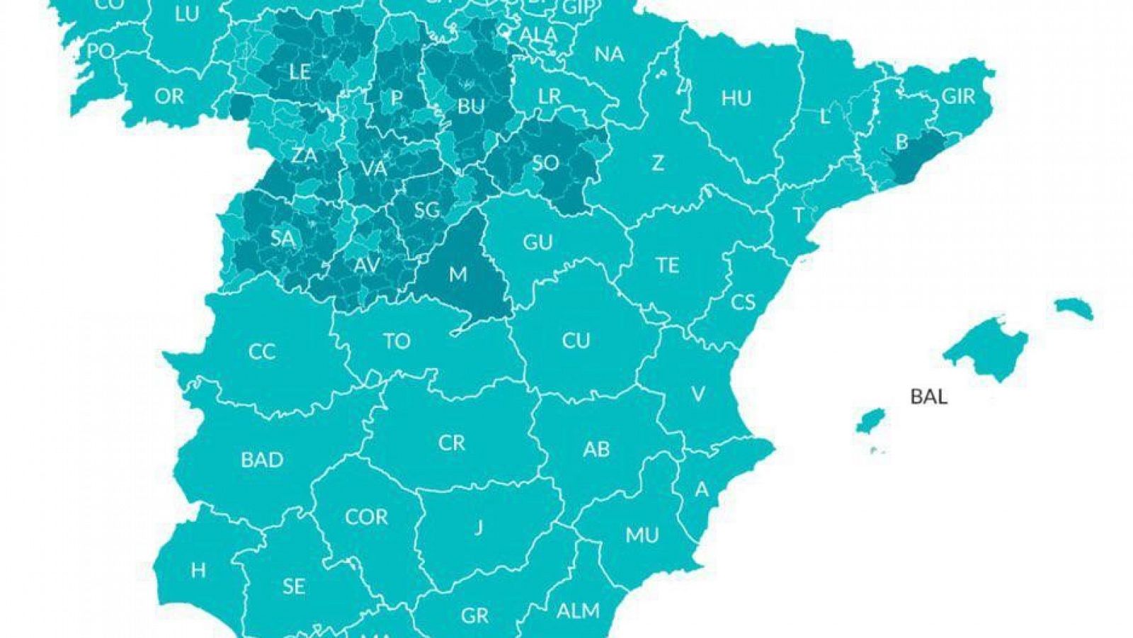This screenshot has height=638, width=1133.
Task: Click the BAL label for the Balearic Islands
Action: pyautogui.click(x=928, y=396)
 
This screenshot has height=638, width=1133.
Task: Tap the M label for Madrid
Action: pyautogui.click(x=458, y=273)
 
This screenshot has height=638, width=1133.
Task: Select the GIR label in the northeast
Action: pyautogui.click(x=958, y=96)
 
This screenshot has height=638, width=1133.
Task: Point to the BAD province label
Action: pyautogui.click(x=262, y=460)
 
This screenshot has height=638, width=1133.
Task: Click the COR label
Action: pyautogui.click(x=366, y=517)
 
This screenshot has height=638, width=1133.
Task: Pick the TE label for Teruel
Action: pyautogui.click(x=667, y=265)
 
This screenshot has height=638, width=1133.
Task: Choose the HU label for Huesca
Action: pyautogui.click(x=736, y=98)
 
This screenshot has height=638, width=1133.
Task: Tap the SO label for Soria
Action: pyautogui.click(x=545, y=163)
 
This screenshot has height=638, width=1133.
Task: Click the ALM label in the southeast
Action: pyautogui.click(x=578, y=610)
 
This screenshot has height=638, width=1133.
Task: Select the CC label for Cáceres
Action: pyautogui.click(x=261, y=351)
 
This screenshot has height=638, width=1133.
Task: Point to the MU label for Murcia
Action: pyautogui.click(x=642, y=535)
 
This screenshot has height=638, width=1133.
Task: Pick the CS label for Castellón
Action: pyautogui.click(x=743, y=302)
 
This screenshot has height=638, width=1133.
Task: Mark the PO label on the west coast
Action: pyautogui.click(x=101, y=51)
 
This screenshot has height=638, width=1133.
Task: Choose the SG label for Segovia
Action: pyautogui.click(x=426, y=209)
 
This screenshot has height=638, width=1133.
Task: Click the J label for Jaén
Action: pyautogui.click(x=479, y=528)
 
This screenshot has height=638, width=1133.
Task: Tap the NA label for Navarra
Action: pyautogui.click(x=609, y=54)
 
